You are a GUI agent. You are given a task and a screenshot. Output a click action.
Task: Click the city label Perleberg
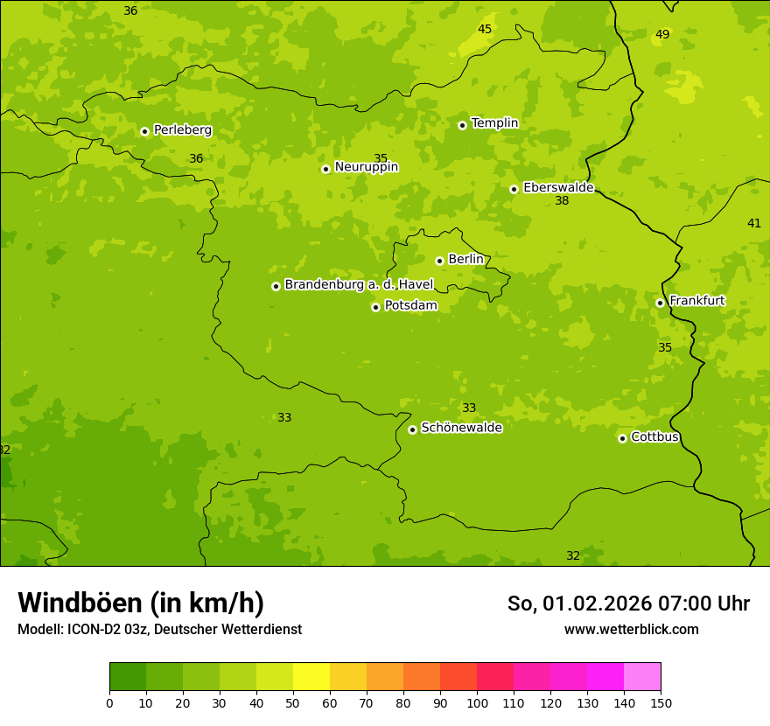point(182,130)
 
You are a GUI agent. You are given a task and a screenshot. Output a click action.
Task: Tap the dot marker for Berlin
point(439,261)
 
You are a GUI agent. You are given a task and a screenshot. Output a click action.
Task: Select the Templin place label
point(494,123)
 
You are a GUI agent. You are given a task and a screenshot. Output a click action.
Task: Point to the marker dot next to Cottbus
point(622,438)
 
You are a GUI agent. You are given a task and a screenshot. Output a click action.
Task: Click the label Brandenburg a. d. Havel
point(359,284)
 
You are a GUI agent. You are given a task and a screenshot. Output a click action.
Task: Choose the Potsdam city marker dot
point(375,307)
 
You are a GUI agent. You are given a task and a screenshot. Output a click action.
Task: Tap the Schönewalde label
point(461,428)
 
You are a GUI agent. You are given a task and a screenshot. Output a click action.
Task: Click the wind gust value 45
point(485,30)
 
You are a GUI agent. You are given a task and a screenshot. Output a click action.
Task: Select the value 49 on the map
point(662,35)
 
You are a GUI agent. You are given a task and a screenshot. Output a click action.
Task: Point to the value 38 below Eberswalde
point(562,201)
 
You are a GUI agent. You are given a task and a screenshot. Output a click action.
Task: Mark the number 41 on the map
point(753,224)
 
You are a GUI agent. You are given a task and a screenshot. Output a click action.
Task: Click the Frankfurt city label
point(696,301)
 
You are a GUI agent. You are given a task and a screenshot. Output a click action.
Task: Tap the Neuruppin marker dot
point(325,169)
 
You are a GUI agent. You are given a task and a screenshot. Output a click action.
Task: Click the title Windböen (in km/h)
point(141,603)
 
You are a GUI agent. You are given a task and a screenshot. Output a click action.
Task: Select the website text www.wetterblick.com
point(631,630)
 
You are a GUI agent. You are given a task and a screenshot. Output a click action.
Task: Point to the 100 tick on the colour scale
point(477,703)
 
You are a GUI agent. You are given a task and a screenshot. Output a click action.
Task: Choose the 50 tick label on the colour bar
point(293,703)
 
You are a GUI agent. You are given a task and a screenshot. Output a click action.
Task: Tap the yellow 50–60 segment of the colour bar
point(311,676)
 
